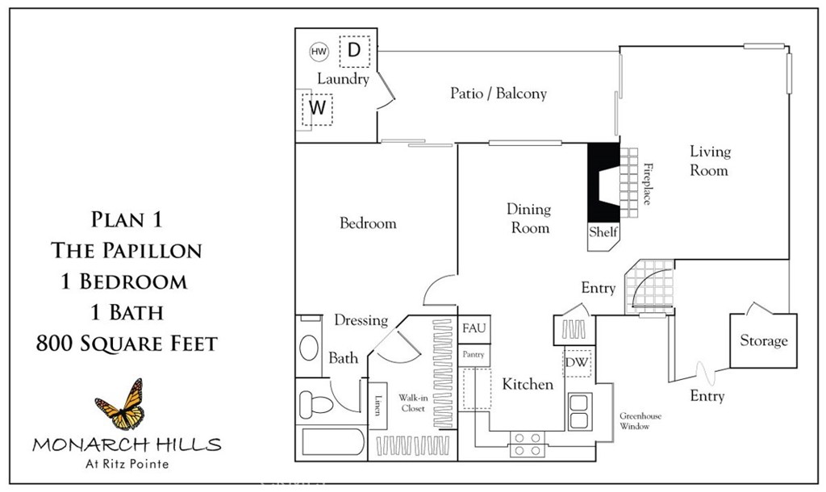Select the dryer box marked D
click(x=353, y=51)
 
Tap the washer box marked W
click(x=317, y=107)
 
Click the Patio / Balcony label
click(x=498, y=94)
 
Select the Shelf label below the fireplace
click(x=603, y=232)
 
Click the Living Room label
click(x=710, y=161)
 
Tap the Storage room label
click(x=763, y=341)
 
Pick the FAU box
click(x=472, y=329)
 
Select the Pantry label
click(x=472, y=354)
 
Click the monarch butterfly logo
click(x=121, y=403)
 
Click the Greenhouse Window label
click(x=640, y=421)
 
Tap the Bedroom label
click(x=368, y=223)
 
